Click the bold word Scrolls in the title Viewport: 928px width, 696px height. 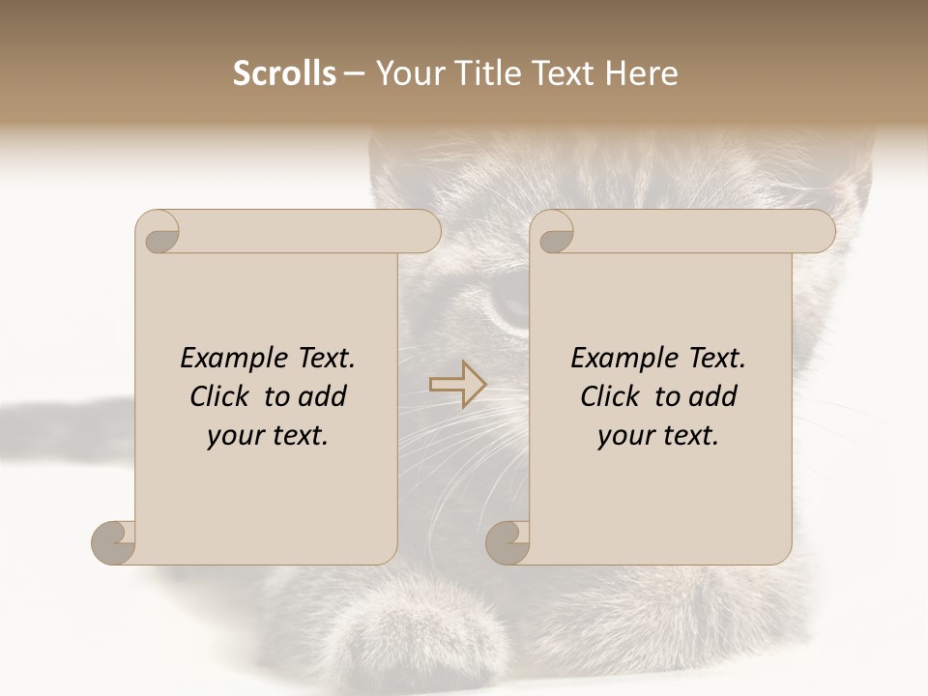(284, 73)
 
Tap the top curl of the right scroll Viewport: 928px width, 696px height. (555, 233)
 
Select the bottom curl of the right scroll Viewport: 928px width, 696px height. (508, 542)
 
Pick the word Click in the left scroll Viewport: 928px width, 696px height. (220, 397)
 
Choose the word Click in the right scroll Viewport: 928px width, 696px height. (611, 397)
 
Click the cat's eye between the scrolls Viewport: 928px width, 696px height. (510, 302)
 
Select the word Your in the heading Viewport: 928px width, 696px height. (407, 73)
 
